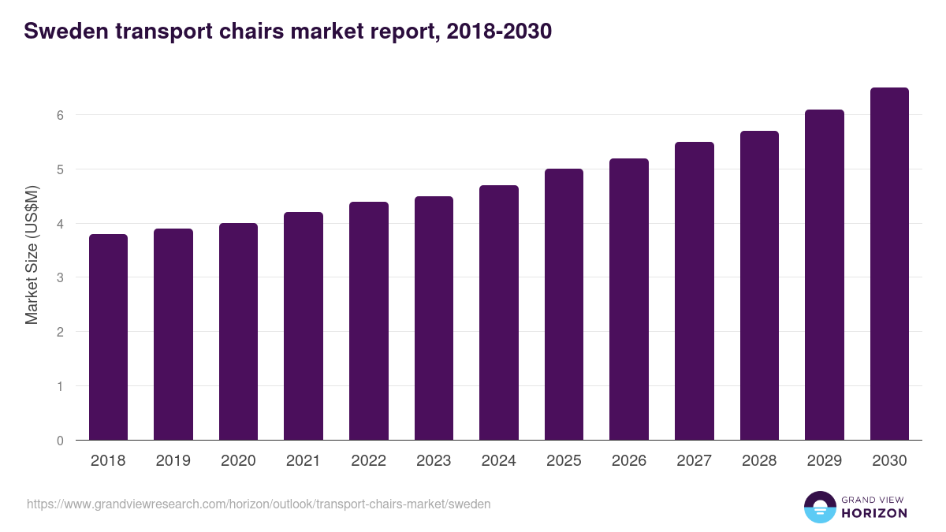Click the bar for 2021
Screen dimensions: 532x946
coord(304,326)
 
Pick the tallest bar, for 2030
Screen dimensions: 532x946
coord(889,264)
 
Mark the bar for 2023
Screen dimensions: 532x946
coord(434,318)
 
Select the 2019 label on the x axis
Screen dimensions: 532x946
coord(173,461)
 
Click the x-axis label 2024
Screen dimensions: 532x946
coord(498,461)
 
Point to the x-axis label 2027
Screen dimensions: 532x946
coord(694,461)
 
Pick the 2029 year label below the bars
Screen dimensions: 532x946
coord(824,461)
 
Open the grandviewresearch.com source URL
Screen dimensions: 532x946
coord(259,504)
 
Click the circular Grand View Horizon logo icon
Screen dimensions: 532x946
coord(820,507)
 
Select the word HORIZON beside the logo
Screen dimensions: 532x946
coord(874,513)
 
